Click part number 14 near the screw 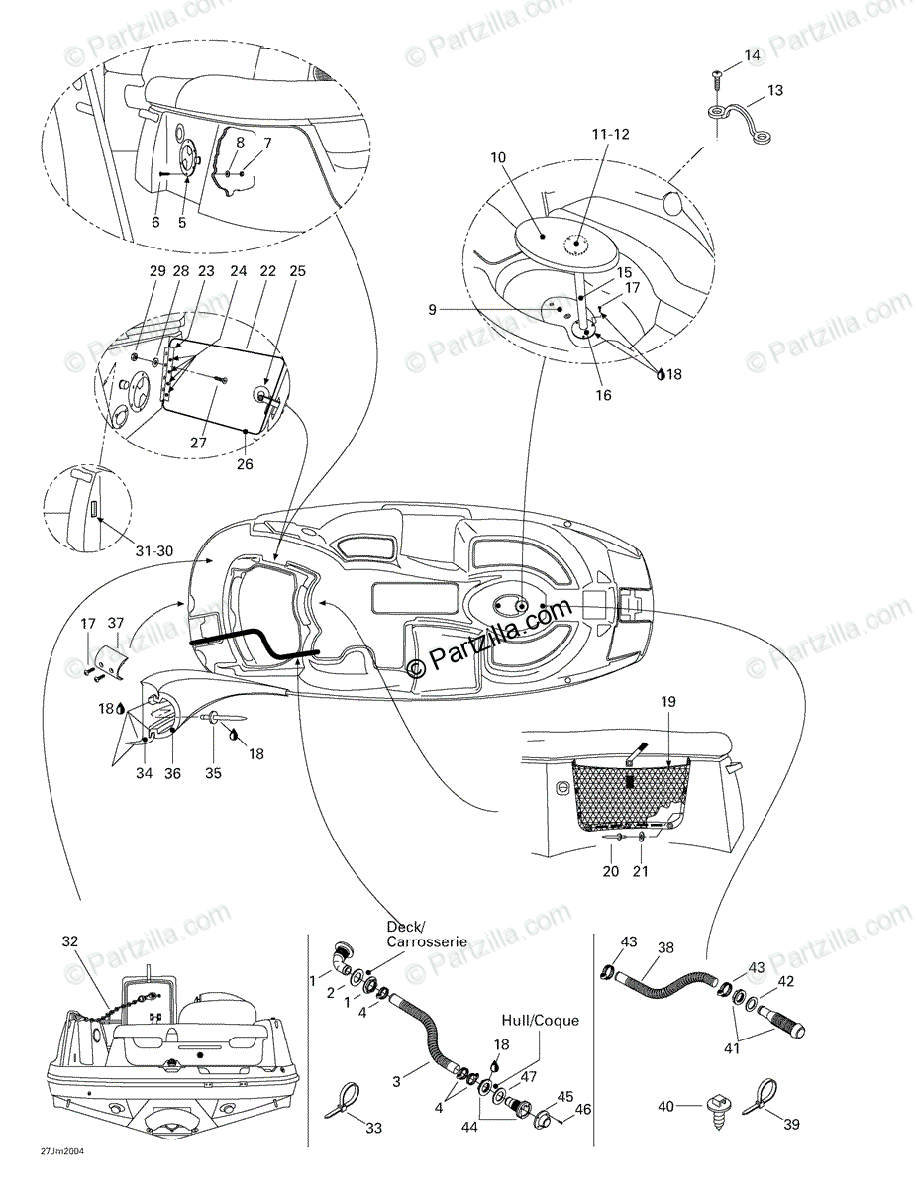pos(753,55)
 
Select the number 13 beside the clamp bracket pos(775,90)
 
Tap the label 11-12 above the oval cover pos(611,133)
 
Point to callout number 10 pos(497,157)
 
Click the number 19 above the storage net pos(668,702)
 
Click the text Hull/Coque pos(541,1021)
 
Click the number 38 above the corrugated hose pos(665,947)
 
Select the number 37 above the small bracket pos(117,623)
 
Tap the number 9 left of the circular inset pos(432,310)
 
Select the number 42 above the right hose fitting pos(786,982)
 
